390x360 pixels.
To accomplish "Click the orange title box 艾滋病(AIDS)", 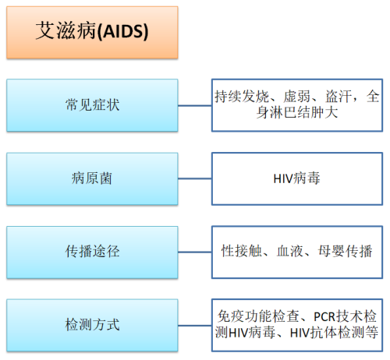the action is pos(92,33).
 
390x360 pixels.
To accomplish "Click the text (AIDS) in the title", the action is pos(122,31).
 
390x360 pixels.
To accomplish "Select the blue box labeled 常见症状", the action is pos(92,105).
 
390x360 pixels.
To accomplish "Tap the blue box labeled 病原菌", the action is pos(92,178).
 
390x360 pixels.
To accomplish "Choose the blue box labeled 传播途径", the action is pos(92,252).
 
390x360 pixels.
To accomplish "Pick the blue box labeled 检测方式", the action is pos(92,326).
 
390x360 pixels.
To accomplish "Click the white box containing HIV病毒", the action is pos(297,178).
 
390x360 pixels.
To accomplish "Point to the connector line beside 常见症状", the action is pos(195,105).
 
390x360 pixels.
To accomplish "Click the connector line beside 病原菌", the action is pos(195,178).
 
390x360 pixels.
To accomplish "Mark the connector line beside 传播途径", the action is pos(195,252).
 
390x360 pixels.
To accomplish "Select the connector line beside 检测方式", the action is pos(195,326).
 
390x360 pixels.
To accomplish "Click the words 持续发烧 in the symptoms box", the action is pos(242,97).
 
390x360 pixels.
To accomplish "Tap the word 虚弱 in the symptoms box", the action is pos(297,97).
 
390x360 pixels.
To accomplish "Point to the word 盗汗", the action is pos(339,97).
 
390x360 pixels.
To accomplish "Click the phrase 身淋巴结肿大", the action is pos(297,113).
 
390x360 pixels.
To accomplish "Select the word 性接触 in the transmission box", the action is pos(242,251).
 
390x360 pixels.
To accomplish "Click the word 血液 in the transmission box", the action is pos(290,251).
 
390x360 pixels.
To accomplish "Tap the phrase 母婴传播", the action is pos(345,251).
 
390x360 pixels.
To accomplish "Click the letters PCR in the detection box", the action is pos(324,316).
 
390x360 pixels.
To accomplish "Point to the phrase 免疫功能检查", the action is pos(258,316).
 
